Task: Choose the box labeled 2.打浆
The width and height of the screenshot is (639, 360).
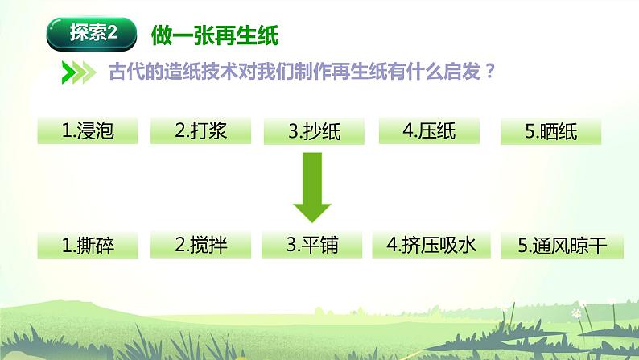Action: click(201, 131)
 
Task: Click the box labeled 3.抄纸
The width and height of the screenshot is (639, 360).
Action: click(314, 131)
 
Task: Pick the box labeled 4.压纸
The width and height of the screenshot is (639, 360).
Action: click(429, 131)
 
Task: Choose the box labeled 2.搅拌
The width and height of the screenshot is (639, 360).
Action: click(201, 246)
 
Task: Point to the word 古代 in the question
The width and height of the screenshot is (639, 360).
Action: click(124, 72)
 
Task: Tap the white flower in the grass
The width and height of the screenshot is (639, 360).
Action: click(575, 312)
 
